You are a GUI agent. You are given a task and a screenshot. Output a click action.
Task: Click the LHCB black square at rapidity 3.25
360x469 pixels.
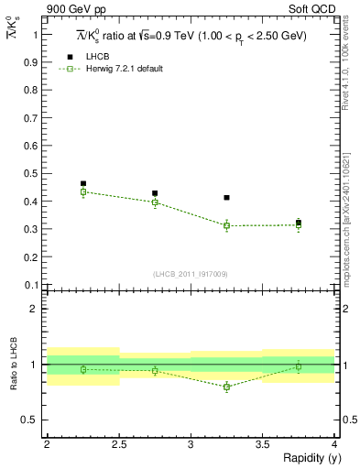[226, 198]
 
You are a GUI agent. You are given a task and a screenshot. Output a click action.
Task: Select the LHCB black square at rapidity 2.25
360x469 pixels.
[83, 184]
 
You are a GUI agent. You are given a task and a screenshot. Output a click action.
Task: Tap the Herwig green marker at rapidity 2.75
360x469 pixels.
[155, 202]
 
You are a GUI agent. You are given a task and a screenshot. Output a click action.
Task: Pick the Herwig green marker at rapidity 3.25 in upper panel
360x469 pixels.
[226, 225]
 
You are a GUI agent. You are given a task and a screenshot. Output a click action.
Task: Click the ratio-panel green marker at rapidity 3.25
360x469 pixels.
[226, 387]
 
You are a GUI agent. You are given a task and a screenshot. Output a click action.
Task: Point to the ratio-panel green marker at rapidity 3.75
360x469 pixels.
[299, 366]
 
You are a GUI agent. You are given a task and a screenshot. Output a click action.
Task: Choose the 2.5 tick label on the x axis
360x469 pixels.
[118, 444]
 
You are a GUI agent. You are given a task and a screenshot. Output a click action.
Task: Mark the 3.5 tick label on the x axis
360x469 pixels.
[262, 444]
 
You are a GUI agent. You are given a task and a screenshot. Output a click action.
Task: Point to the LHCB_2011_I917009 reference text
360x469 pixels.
[191, 274]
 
